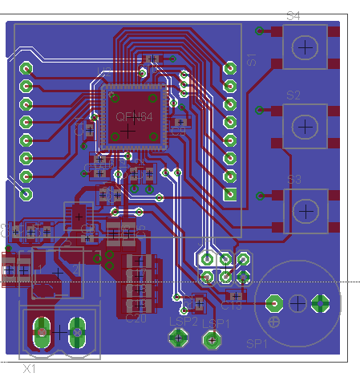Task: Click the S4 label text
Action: pos(293,16)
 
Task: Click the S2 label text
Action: pos(293,95)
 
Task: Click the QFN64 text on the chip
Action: pos(134,117)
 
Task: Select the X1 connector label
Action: pos(30,370)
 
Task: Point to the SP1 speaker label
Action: pos(257,343)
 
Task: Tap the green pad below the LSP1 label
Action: pos(212,341)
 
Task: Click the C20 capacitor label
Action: pos(136,318)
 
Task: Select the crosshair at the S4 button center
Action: pos(305,47)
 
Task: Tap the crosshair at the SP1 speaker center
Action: pos(297,303)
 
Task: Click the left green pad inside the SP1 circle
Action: pos(273,303)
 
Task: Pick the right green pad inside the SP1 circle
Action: pos(321,303)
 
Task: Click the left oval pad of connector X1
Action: pos(41,330)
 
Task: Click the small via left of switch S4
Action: pos(259,31)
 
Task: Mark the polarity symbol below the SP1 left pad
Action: pos(274,322)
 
